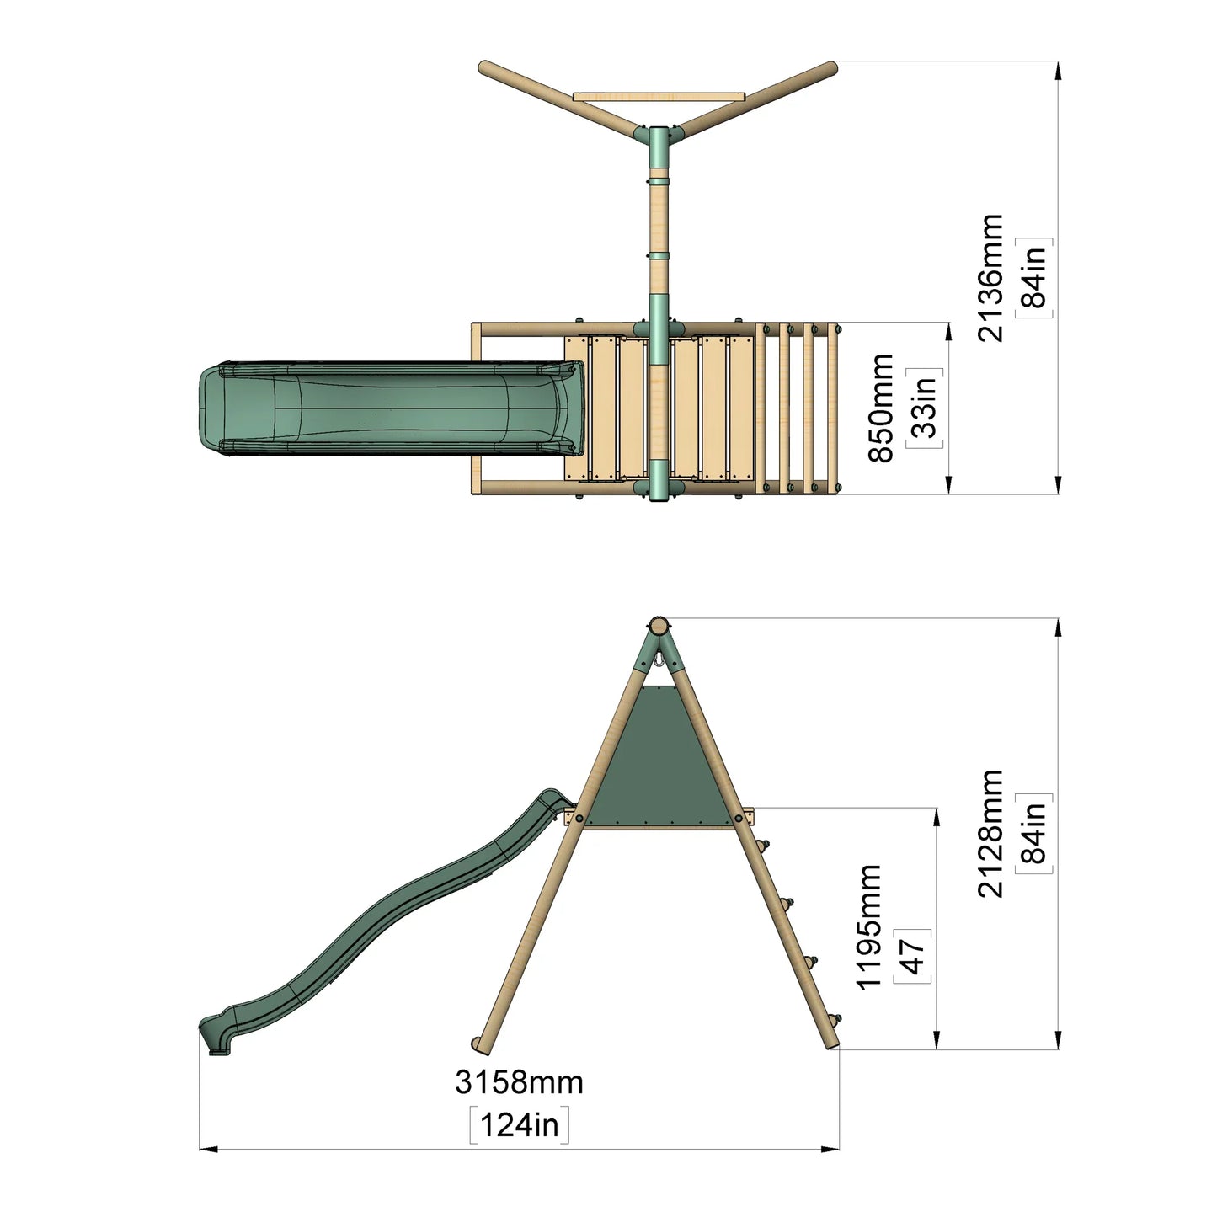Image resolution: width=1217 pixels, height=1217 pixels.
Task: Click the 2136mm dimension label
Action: [990, 277]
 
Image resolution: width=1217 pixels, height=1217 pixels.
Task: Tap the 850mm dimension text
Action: [881, 408]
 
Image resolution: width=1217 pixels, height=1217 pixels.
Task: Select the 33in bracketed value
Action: [924, 408]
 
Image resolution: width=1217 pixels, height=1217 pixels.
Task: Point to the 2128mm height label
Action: [990, 833]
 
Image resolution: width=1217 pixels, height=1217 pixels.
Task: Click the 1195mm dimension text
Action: [868, 926]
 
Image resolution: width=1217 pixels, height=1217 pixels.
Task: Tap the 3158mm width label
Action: [519, 1081]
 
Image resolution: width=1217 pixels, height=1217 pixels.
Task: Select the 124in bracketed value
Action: [519, 1125]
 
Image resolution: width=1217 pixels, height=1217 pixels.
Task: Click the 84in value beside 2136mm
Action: [1034, 277]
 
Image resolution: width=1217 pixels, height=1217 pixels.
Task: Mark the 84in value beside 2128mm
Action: [1034, 833]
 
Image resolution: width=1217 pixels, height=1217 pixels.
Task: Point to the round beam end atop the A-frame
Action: [659, 626]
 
